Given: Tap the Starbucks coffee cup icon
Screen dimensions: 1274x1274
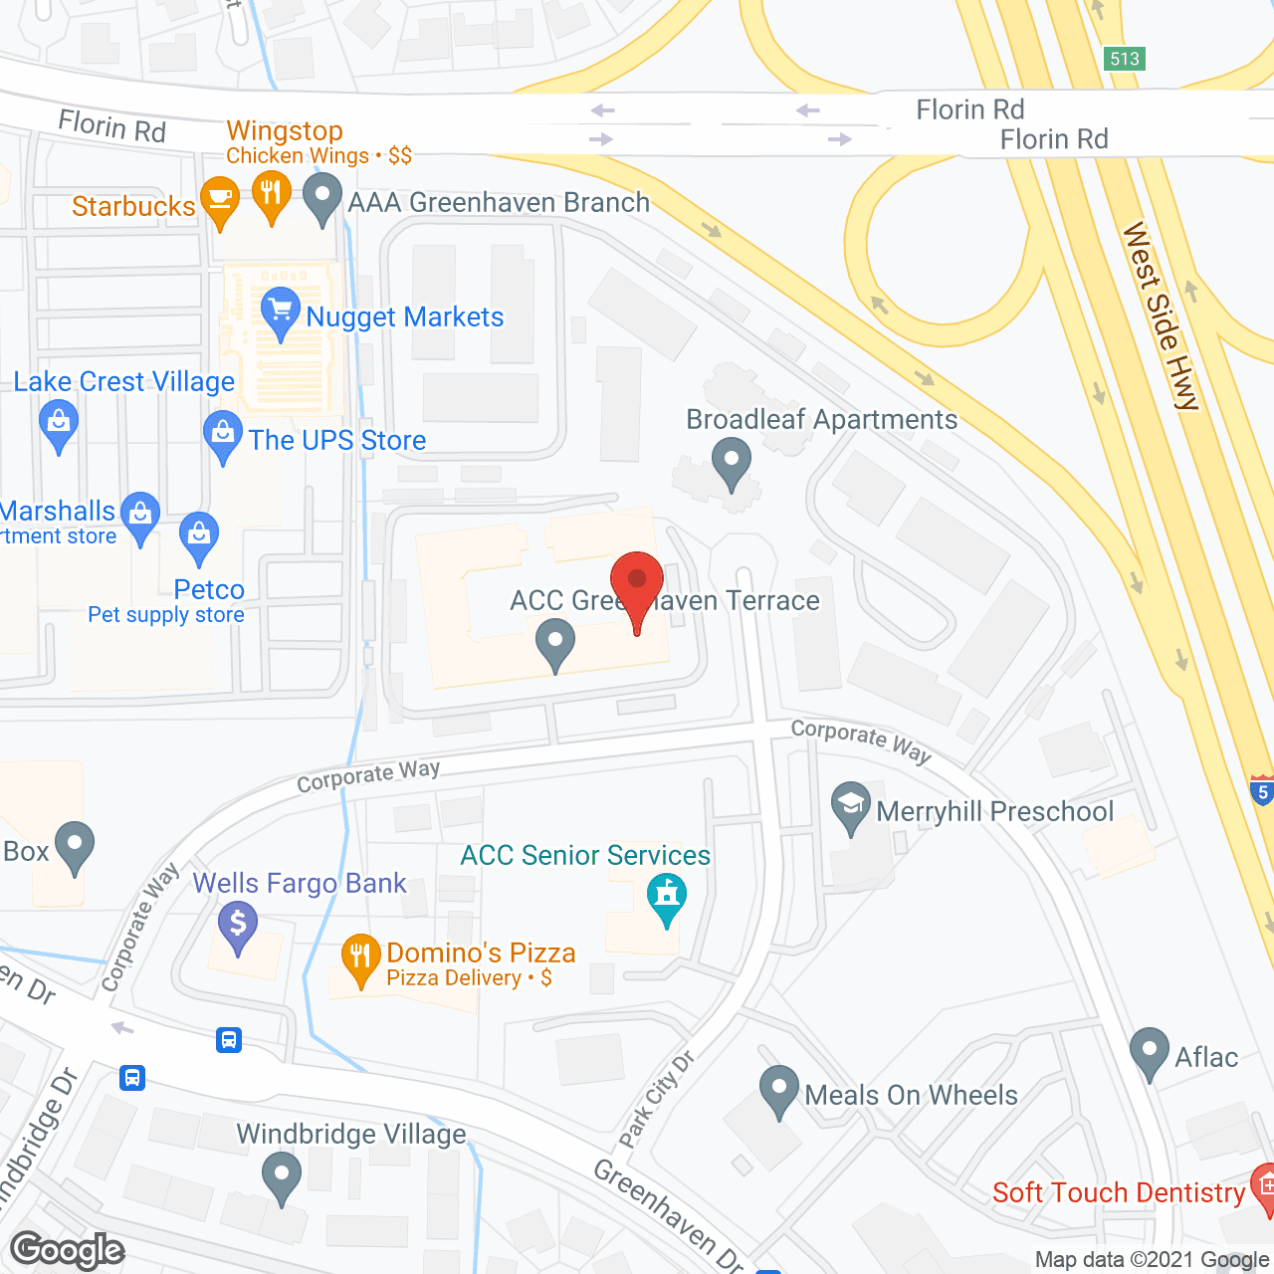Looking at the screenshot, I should pos(220,199).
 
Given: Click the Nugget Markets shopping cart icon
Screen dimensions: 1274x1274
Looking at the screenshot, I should pos(281,311).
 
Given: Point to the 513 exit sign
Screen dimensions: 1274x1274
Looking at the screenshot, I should pos(1125,59).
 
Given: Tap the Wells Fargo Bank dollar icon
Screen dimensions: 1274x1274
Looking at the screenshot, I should pos(238,925).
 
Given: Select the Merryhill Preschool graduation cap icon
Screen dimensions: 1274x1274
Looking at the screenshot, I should pos(851,805).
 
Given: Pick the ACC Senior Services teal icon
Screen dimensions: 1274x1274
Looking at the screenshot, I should pos(667,895).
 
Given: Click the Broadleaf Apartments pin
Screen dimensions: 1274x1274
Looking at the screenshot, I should pos(732,461).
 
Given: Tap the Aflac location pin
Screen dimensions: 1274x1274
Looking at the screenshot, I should pos(1150,1050).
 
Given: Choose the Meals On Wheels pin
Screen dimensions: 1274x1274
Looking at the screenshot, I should pos(778,1088).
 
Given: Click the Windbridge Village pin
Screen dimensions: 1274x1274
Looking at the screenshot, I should pos(282,1174).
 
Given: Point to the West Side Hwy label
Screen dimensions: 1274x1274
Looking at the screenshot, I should pos(1162,317).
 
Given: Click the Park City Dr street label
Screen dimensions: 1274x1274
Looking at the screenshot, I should pos(657,1099).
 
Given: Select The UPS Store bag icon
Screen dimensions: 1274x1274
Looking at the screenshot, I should pos(222,434).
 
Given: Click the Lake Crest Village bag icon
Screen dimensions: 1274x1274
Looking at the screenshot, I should pos(59,423).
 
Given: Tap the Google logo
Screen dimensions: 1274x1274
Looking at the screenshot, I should pos(68,1250).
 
